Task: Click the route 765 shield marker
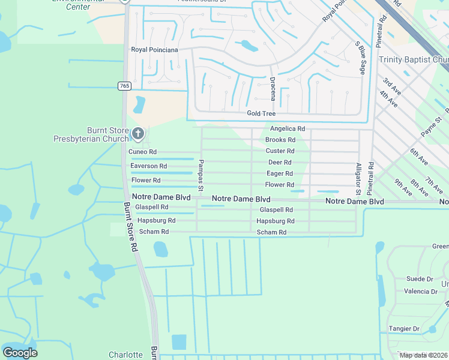[x=124, y=86]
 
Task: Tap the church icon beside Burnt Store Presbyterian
[x=138, y=133]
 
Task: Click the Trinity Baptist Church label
[x=414, y=60]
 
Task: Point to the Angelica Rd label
[x=288, y=129]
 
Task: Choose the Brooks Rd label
[x=280, y=140]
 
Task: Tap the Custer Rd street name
[x=280, y=151]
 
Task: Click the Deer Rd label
[x=280, y=163]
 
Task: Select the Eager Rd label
[x=280, y=173]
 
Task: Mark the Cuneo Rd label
[x=143, y=152]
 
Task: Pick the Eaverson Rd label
[x=148, y=166]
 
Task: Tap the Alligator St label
[x=358, y=179]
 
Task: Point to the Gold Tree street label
[x=261, y=113]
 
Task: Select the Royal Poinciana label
[x=154, y=50]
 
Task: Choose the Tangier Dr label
[x=404, y=329]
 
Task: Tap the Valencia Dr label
[x=420, y=292]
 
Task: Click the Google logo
[x=20, y=352]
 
